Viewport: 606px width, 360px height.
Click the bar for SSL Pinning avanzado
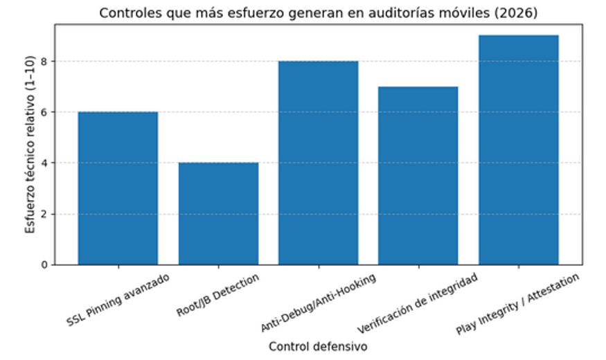coord(118,188)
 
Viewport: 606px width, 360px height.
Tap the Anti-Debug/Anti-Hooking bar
coord(318,162)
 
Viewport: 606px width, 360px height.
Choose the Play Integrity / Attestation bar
coord(518,150)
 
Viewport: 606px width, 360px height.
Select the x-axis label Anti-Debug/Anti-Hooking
coord(319,303)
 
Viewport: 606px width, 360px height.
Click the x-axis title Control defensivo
coord(318,346)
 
